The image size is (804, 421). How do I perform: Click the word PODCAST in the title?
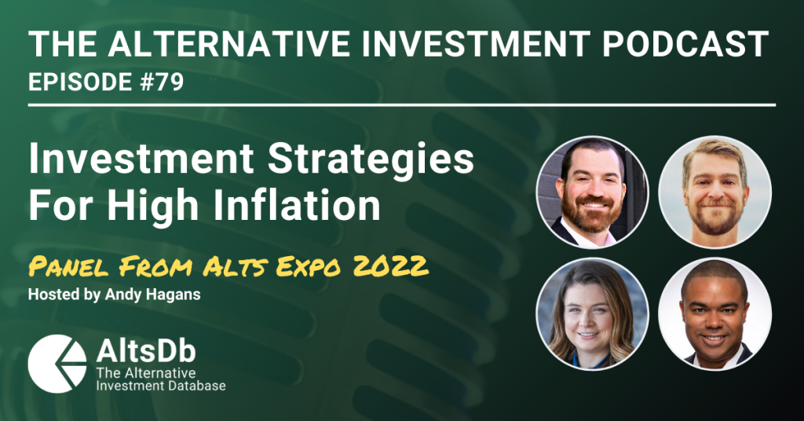pos(685,44)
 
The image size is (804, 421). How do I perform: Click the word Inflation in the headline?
pos(296,205)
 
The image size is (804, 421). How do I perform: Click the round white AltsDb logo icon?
pos(57,364)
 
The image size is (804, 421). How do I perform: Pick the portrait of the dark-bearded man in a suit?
pos(592,192)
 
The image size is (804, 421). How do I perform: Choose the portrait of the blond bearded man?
pos(714,192)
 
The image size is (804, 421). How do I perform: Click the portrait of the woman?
pos(592,314)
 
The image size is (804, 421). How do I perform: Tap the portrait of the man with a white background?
pos(714,314)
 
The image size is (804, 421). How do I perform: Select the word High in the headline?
pos(153,205)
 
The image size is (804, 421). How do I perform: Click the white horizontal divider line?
pos(401,105)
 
